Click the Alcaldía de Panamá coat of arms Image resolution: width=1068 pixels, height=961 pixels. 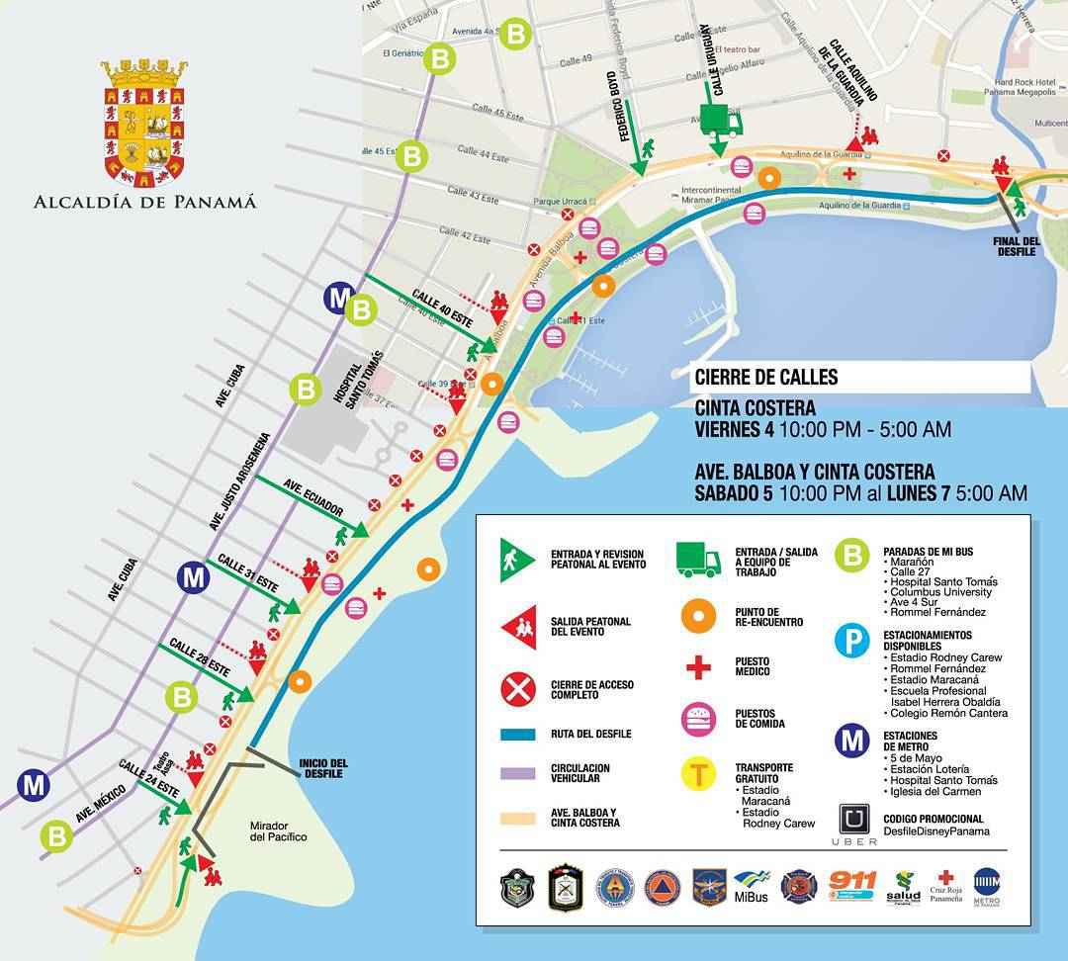click(x=144, y=123)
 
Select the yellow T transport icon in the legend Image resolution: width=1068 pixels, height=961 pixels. click(x=698, y=773)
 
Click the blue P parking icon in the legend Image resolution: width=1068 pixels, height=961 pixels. click(x=851, y=641)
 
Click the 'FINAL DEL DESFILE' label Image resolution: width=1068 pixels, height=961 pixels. click(x=1016, y=246)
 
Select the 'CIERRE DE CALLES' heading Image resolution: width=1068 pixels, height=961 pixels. click(x=766, y=377)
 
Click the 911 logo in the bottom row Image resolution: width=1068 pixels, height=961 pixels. click(x=851, y=883)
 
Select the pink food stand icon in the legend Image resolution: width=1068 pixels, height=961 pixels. click(x=698, y=718)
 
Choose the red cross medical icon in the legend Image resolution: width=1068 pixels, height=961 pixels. click(x=698, y=667)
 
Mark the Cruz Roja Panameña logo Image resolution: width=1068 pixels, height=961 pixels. click(x=945, y=886)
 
